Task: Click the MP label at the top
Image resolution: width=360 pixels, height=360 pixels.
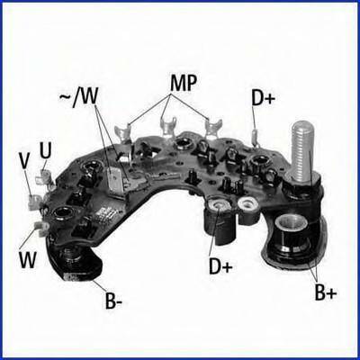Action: tap(184, 83)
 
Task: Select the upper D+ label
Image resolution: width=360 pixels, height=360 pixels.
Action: tap(264, 98)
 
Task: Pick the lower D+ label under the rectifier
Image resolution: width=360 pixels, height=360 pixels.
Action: tap(220, 266)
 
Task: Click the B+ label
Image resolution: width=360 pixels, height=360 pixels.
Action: tap(326, 292)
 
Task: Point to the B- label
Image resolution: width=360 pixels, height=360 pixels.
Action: tap(113, 301)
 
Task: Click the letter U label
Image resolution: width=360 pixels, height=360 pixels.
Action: tap(45, 150)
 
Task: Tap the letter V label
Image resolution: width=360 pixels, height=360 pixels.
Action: tap(24, 162)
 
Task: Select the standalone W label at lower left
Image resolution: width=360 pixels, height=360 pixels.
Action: tap(28, 260)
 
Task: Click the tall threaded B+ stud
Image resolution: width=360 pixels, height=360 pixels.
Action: tap(302, 150)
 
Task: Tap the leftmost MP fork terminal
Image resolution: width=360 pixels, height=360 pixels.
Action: tap(122, 132)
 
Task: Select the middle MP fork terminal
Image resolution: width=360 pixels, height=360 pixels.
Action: tap(168, 127)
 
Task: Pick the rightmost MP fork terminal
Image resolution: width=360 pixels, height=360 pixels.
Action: tap(213, 128)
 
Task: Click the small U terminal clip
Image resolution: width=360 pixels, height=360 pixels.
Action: tap(44, 176)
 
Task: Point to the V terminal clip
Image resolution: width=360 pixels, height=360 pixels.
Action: tap(35, 201)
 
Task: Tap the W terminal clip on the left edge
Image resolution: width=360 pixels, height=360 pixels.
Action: tap(40, 228)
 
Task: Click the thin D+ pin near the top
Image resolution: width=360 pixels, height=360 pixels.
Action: tap(256, 138)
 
